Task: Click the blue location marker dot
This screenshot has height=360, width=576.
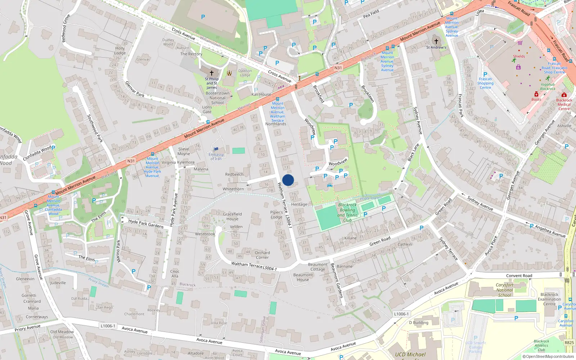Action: point(288,180)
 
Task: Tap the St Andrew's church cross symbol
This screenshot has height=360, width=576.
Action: point(436,41)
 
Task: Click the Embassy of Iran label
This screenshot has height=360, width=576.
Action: point(216,157)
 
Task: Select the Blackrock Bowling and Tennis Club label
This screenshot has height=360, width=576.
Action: point(347,212)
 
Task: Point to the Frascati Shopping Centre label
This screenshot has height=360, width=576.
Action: point(485,83)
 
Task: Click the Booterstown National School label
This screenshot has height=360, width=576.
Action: point(217,98)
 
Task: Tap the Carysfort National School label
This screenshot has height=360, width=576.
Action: point(504,290)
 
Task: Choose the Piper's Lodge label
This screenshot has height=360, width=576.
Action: point(276,215)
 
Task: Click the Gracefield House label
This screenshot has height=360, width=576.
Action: point(232,216)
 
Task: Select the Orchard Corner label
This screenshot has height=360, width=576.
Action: point(262,255)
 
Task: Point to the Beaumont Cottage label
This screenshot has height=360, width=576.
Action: point(318,267)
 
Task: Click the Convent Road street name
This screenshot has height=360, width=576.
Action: point(519,276)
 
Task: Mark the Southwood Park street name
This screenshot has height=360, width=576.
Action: point(95,128)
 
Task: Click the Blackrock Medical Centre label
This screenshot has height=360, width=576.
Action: point(564,104)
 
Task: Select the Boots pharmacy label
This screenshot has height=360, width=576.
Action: point(536,99)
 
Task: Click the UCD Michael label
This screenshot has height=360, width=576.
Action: point(410,355)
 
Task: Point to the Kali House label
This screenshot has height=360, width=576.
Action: point(261,94)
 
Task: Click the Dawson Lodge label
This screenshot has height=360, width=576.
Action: point(245,73)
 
